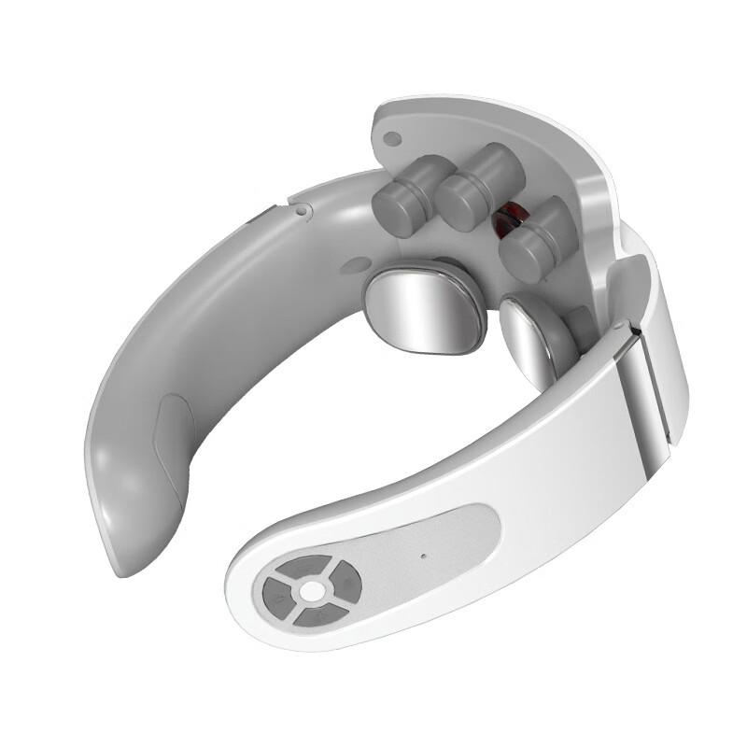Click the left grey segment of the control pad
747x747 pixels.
276,591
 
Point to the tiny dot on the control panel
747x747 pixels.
422,557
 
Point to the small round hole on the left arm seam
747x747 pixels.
302,211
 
